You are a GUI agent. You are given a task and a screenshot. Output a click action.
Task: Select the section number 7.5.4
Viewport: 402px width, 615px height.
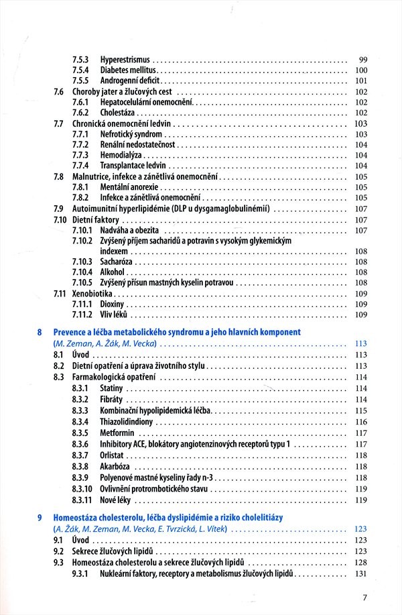tap(81, 70)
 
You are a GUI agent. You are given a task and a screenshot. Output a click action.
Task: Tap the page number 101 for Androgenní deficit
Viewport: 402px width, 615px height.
tap(361, 80)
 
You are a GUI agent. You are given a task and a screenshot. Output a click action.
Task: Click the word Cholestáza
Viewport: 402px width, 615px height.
tap(122, 113)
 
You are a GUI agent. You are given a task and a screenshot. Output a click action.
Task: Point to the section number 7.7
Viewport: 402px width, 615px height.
tap(58, 124)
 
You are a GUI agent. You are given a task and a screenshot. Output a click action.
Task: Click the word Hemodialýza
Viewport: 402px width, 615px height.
tap(121, 155)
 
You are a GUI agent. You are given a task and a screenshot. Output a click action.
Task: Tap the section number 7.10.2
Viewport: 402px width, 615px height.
tap(83, 240)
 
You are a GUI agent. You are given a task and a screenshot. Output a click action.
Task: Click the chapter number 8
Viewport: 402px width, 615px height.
tap(40, 332)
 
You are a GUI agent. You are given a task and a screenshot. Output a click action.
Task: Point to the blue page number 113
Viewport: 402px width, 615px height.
tap(360, 343)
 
